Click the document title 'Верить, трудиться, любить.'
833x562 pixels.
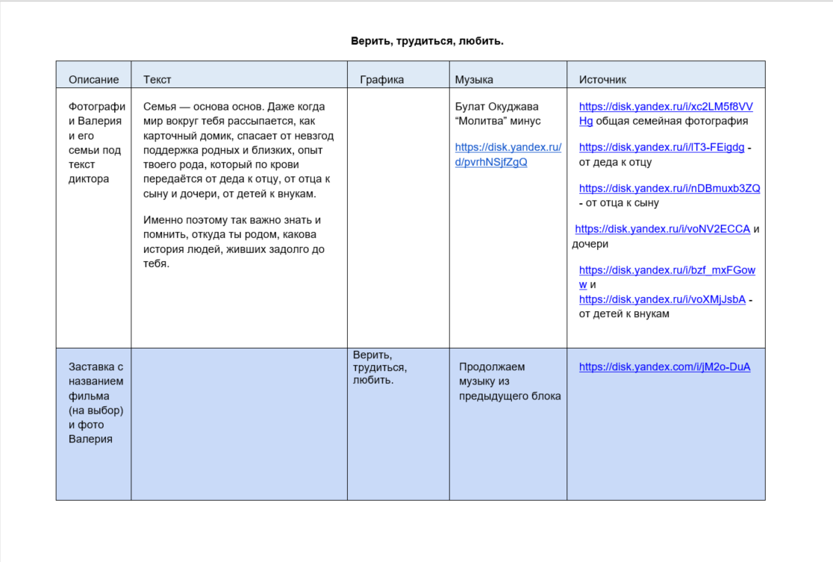click(427, 41)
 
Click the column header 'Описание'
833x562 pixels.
click(93, 79)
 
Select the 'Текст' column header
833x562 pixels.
click(157, 79)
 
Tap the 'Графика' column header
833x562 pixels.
click(381, 79)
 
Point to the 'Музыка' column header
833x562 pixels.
click(474, 79)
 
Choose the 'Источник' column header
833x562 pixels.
click(602, 79)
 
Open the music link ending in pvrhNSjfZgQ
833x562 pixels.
click(508, 154)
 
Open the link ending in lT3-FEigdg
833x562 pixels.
click(661, 147)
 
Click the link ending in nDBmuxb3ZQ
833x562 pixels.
click(670, 188)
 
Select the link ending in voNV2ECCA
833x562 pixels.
click(662, 229)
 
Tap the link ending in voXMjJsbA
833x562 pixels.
click(662, 299)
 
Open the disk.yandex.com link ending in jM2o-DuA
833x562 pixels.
click(664, 366)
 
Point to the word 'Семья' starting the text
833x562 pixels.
click(160, 106)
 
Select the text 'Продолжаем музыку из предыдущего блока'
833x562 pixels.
click(509, 381)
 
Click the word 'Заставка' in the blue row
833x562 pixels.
click(96, 366)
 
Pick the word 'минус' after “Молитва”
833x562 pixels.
click(525, 121)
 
